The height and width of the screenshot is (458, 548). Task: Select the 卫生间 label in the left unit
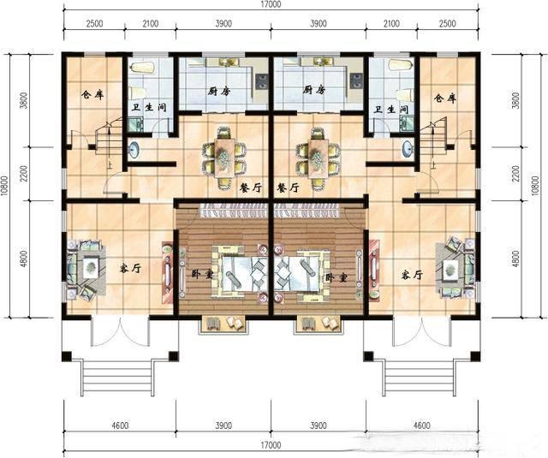click(x=146, y=109)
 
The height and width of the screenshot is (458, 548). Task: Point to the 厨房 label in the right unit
click(x=314, y=90)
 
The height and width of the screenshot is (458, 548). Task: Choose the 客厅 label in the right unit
click(x=412, y=275)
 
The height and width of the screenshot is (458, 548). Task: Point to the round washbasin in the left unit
click(x=134, y=151)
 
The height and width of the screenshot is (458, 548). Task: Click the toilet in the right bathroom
click(x=400, y=66)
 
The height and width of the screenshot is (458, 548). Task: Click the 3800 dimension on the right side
click(x=516, y=103)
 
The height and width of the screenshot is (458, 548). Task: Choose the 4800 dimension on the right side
click(x=516, y=258)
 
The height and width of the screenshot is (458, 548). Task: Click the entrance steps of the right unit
click(x=420, y=372)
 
